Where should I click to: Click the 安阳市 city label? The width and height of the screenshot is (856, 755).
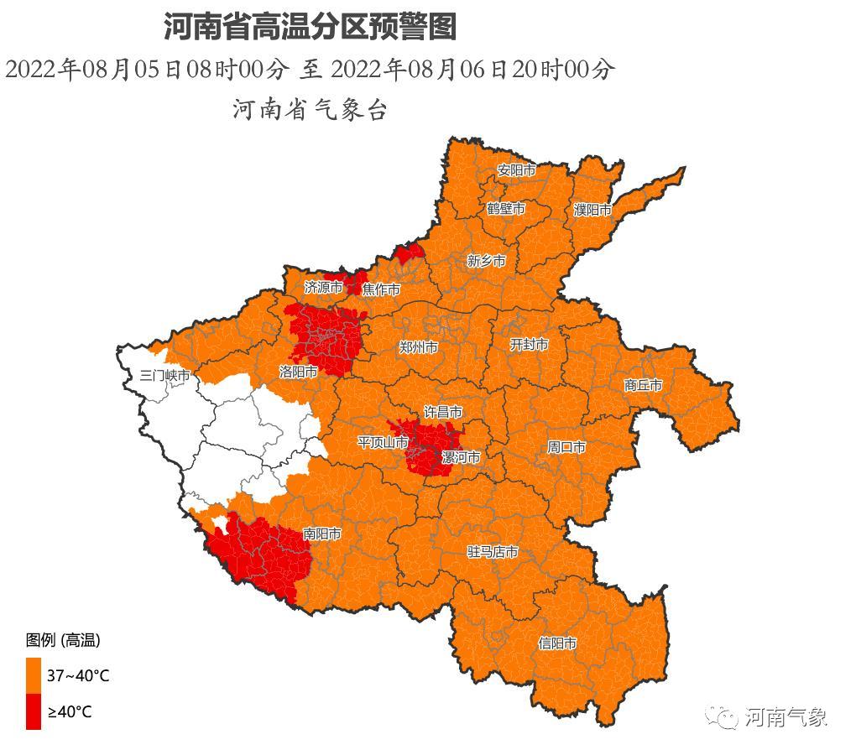click(516, 170)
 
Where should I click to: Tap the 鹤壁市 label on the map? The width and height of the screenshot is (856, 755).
click(506, 209)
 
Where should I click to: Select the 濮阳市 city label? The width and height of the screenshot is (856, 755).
click(592, 210)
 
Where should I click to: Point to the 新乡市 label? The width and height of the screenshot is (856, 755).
click(487, 262)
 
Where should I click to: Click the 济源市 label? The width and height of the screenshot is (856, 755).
click(324, 288)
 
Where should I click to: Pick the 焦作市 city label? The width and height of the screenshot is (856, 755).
click(381, 289)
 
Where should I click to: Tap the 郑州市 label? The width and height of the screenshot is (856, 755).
click(419, 347)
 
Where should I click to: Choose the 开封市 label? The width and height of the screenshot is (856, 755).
click(530, 345)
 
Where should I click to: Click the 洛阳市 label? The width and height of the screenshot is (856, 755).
click(299, 371)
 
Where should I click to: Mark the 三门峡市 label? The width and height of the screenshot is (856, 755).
click(165, 375)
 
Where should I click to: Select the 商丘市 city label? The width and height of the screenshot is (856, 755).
click(644, 385)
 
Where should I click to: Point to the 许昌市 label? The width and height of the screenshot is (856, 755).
click(442, 413)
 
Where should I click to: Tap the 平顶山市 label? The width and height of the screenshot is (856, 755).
click(383, 442)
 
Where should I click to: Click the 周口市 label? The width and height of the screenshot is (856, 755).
click(566, 448)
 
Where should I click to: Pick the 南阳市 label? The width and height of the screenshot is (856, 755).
click(322, 534)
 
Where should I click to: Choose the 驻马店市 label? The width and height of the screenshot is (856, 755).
click(493, 552)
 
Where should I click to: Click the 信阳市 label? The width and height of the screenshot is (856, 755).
click(557, 643)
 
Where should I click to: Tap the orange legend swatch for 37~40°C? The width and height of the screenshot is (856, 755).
click(34, 675)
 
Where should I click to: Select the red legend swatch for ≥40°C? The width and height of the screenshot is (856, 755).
click(34, 711)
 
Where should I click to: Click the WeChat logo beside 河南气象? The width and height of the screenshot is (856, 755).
click(721, 717)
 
